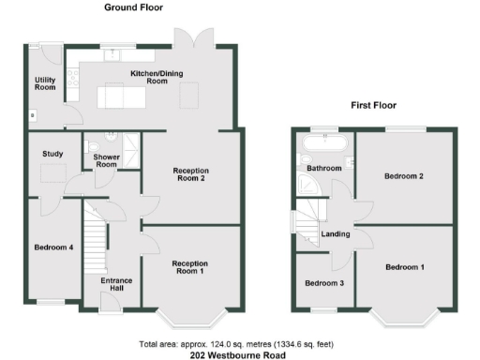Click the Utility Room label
[45, 85]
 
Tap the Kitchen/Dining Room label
[135, 77]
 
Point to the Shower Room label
[106, 160]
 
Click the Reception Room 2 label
[190, 174]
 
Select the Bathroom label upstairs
[324, 169]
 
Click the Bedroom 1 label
[404, 267]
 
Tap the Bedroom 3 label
[323, 283]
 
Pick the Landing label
[336, 234]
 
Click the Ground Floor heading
[132, 7]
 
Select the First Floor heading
[374, 105]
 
